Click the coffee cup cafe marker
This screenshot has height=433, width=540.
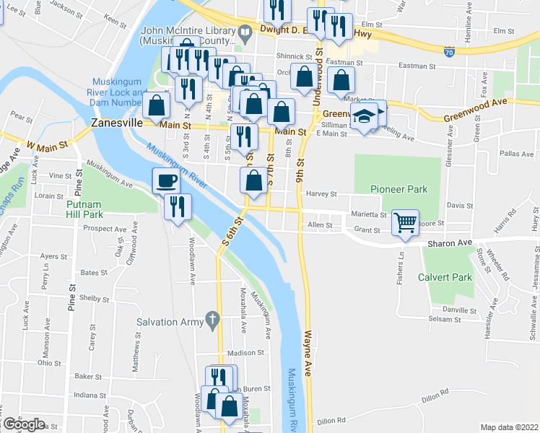(x=166, y=180)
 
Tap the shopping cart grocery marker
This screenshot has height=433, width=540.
(x=406, y=222)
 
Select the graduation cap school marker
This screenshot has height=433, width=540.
(x=365, y=115)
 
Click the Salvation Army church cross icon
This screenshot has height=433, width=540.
(x=212, y=318)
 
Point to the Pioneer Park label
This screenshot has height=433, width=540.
(x=399, y=190)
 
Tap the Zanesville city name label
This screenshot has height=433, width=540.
(x=116, y=123)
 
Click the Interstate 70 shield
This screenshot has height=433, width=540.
(x=450, y=52)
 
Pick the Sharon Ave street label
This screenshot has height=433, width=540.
(x=454, y=242)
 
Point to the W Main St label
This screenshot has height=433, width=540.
(x=48, y=144)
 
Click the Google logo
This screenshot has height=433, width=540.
(x=24, y=424)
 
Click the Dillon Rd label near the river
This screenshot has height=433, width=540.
(x=332, y=420)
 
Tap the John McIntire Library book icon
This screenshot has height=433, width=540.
(x=245, y=31)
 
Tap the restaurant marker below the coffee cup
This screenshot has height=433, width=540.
(x=176, y=207)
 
